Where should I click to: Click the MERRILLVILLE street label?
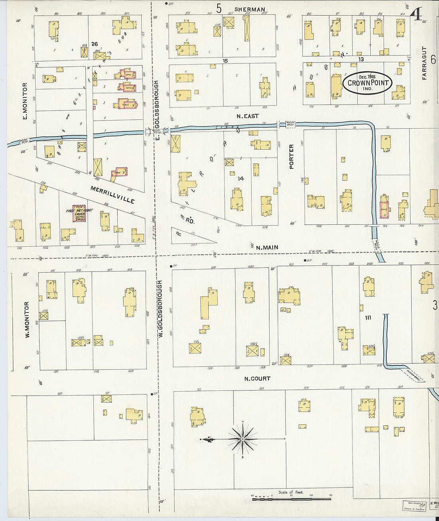click(x=112, y=194)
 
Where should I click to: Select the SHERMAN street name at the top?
click(x=249, y=9)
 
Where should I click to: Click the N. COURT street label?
click(x=257, y=378)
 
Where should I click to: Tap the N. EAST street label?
click(x=247, y=116)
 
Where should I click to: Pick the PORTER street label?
click(x=291, y=156)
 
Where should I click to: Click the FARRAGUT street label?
click(x=424, y=63)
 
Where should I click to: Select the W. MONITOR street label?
click(x=27, y=319)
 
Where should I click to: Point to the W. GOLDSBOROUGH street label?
click(x=160, y=309)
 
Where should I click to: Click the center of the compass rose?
click(x=243, y=440)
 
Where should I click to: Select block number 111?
click(x=368, y=317)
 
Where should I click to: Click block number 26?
click(x=95, y=44)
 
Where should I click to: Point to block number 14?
click(x=241, y=178)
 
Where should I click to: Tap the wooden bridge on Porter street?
click(x=291, y=125)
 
